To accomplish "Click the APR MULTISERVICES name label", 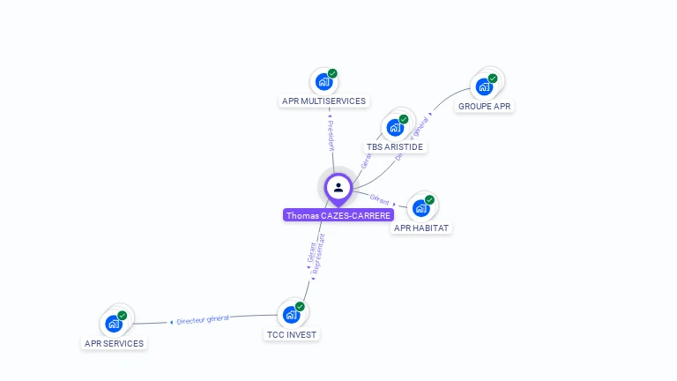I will (324, 101).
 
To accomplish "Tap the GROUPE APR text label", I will (484, 107).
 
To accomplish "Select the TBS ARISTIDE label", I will (395, 146).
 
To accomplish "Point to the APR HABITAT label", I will (421, 228).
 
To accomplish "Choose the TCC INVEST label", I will (292, 335).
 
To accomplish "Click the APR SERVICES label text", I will (114, 344).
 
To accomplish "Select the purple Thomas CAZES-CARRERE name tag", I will (338, 215).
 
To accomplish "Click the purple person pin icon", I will (338, 187).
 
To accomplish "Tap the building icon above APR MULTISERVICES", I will (324, 81).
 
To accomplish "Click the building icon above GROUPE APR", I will (484, 86).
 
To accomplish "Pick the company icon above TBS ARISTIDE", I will (395, 127).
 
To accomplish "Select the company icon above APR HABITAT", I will (420, 208).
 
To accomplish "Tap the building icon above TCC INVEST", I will (291, 315).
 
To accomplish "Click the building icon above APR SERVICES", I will (114, 324).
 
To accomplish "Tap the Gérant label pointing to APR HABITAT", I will (380, 199).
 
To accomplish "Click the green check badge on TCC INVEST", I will (300, 307).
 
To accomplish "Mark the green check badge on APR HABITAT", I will (429, 200).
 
